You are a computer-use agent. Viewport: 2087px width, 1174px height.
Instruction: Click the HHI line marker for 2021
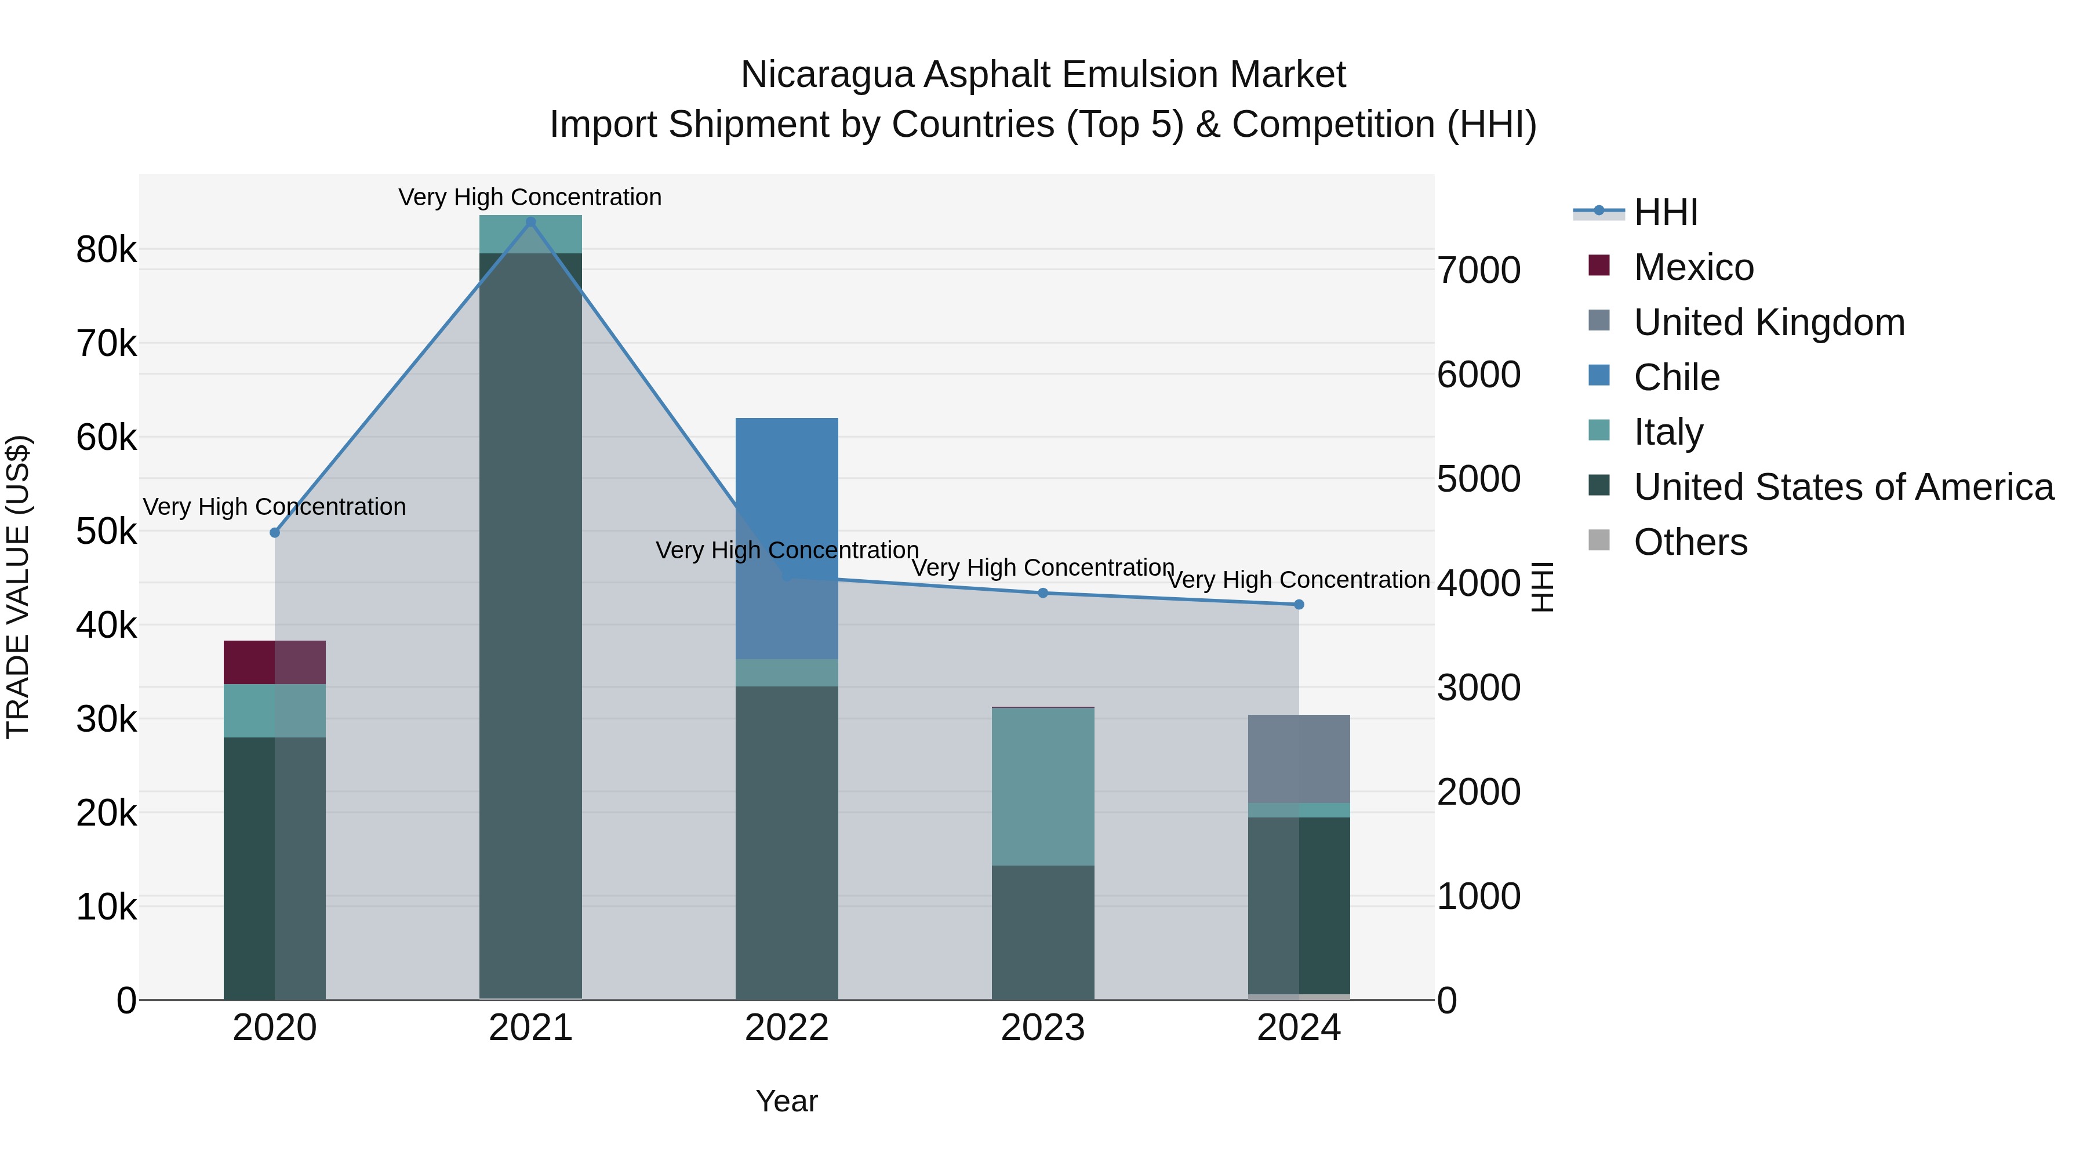click(x=530, y=222)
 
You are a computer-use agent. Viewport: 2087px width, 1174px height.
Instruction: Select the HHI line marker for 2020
click(x=275, y=532)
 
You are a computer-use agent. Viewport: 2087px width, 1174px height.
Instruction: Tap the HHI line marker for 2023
click(x=1043, y=593)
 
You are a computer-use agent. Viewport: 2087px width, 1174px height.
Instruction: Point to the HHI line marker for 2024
click(x=1299, y=605)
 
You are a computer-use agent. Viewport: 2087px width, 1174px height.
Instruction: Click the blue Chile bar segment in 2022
click(x=787, y=486)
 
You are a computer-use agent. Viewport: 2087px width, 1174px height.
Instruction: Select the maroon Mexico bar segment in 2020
click(x=275, y=662)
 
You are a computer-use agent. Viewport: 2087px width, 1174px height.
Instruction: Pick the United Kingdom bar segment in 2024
click(x=1299, y=758)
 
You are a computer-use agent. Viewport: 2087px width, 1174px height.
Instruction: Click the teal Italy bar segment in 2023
click(x=1043, y=786)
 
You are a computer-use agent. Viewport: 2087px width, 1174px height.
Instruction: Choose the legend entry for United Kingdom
click(x=1769, y=322)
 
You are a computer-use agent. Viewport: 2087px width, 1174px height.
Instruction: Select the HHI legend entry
click(x=1665, y=212)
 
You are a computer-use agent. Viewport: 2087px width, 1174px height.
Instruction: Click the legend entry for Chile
click(x=1676, y=377)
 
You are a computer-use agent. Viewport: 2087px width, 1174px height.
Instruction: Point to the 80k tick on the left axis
click(x=106, y=249)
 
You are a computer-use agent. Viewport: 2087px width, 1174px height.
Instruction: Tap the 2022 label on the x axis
click(x=787, y=1028)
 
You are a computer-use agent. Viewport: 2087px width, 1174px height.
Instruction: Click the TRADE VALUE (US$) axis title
click(x=18, y=587)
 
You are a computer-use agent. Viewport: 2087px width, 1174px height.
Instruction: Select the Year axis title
click(x=787, y=1101)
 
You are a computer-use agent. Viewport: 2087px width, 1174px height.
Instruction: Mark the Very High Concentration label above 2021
click(x=530, y=197)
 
